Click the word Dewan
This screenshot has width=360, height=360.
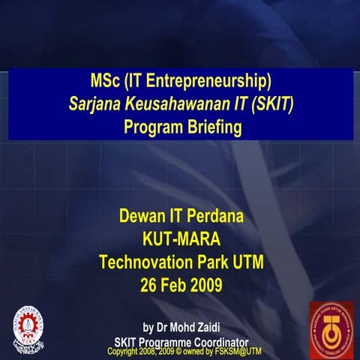coord(145,220)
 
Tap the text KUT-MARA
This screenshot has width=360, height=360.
coord(181,241)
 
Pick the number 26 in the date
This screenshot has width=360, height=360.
coord(149,286)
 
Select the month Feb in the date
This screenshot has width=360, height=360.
coord(177,286)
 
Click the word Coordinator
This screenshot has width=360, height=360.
coord(215,342)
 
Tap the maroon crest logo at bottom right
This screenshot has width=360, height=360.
coord(331,325)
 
